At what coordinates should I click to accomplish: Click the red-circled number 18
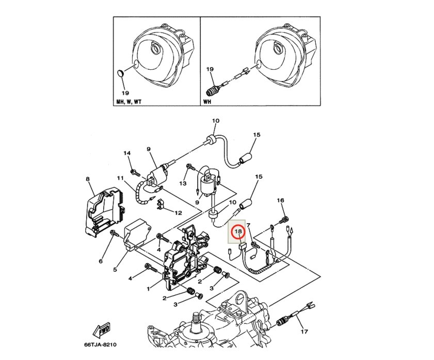coord(238,231)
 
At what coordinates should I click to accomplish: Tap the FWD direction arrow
coord(102,330)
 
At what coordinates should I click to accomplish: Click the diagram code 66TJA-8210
coord(100,345)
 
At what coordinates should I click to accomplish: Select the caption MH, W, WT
coord(128,102)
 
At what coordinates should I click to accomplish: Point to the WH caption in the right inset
coord(207,102)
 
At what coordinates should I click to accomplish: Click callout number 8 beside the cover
coord(88,179)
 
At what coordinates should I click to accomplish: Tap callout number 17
coord(304,331)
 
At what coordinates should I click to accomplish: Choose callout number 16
coord(280,200)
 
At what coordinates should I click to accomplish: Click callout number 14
coord(127,153)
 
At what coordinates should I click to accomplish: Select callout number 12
coord(178,213)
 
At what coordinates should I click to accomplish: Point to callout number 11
coord(120,178)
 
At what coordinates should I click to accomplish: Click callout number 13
coord(183,183)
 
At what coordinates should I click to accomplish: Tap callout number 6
coord(101,261)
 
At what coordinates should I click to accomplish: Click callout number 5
coord(115,269)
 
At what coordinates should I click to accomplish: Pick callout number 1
coord(148,289)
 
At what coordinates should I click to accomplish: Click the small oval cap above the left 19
coord(120,74)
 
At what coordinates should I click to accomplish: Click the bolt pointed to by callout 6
coord(115,233)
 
